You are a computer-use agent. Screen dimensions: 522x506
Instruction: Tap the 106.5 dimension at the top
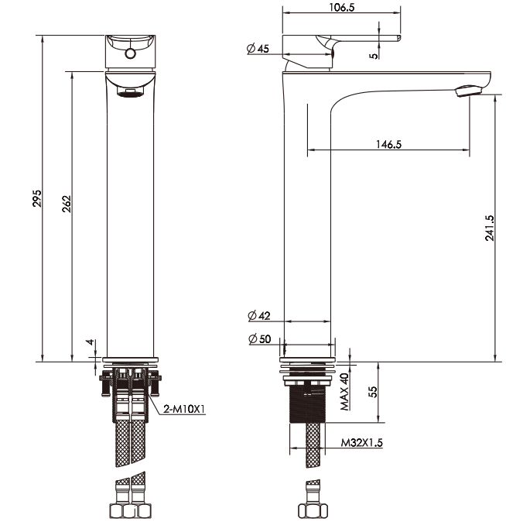340,8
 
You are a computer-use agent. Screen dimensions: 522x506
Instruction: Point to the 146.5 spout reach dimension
388,144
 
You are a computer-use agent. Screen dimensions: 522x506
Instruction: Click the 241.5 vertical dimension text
488,229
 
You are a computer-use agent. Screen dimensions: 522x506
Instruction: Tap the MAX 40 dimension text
344,392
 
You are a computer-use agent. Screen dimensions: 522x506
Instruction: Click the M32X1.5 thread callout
363,444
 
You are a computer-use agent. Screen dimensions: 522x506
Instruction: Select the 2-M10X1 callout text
183,409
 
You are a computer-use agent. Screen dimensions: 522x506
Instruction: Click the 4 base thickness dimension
90,342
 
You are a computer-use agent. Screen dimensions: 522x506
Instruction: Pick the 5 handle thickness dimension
374,55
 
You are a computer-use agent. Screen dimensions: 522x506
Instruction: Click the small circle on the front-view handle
130,53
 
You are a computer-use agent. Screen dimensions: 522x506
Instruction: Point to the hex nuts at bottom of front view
129,511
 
